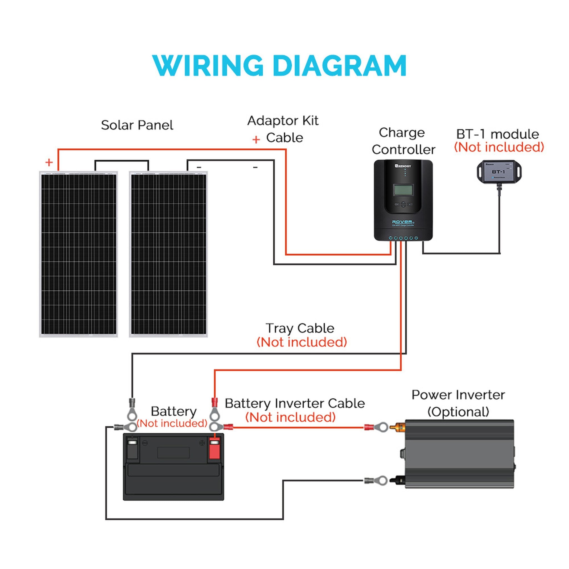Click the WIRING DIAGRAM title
point(279,66)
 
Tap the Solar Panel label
point(137,125)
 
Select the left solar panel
point(79,254)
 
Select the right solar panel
point(168,254)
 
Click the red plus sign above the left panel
point(49,162)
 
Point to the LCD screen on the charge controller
point(403,190)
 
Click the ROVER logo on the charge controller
point(402,222)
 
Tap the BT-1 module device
point(499,172)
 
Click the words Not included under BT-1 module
point(499,147)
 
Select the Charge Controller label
point(403,141)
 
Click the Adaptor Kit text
point(283,121)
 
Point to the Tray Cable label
point(300,328)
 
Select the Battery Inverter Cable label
point(295,403)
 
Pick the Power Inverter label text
point(458,395)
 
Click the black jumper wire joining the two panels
point(122,161)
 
